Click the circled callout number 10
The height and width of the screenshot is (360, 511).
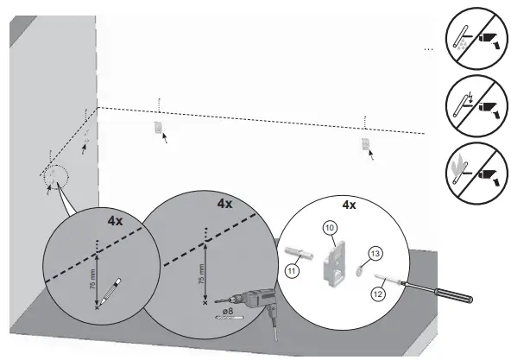point(328,227)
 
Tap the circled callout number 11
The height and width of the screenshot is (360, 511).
point(292,270)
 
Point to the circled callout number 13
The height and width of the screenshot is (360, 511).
point(375,253)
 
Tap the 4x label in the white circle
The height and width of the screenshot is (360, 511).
point(349,205)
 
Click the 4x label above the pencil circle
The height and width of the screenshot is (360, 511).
point(115,220)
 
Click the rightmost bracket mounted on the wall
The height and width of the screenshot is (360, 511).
point(366,143)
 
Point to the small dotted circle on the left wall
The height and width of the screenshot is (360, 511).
point(55,176)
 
